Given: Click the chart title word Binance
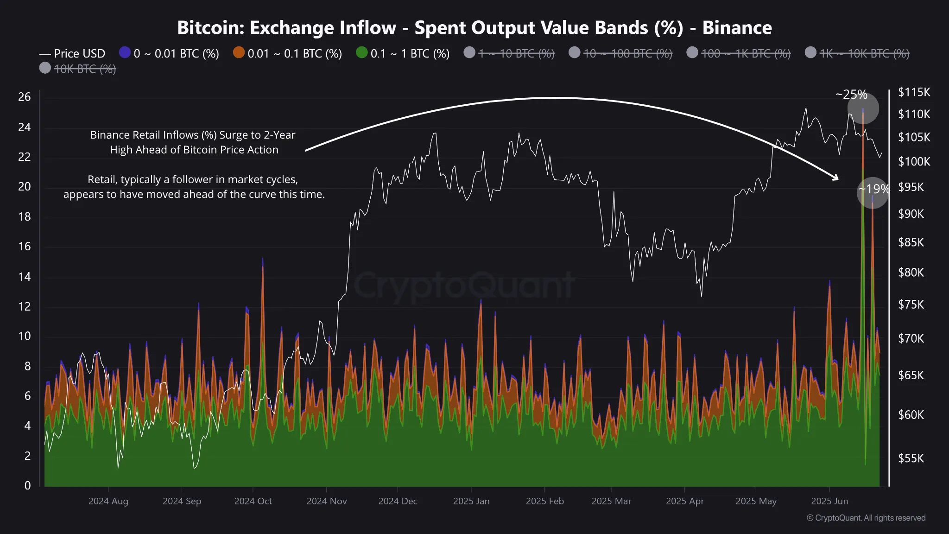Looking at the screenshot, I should click(x=737, y=28).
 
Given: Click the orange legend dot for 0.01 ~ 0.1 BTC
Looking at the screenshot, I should click(x=239, y=53).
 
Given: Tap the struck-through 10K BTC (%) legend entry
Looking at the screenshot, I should click(x=85, y=69).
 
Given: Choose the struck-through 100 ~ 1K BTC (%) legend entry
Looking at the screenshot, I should click(x=746, y=54).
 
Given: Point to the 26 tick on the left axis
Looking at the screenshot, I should click(x=25, y=97).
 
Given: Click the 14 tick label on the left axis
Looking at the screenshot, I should click(x=25, y=277).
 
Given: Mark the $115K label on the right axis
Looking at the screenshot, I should click(x=914, y=92).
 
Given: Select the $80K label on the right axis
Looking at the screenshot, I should click(x=911, y=273).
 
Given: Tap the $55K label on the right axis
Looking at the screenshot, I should click(x=911, y=458).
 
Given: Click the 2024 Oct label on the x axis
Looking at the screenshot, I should click(x=253, y=501).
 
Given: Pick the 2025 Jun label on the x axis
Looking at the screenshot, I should click(x=829, y=501).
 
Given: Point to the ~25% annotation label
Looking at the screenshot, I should click(x=851, y=95).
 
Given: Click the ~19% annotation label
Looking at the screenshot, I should click(x=874, y=189).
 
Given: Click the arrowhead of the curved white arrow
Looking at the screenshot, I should click(x=836, y=178).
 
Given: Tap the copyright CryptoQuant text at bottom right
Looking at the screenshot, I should click(x=866, y=518).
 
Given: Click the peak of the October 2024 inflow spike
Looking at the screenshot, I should click(x=263, y=260).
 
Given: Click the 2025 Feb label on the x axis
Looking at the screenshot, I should click(x=544, y=501).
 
